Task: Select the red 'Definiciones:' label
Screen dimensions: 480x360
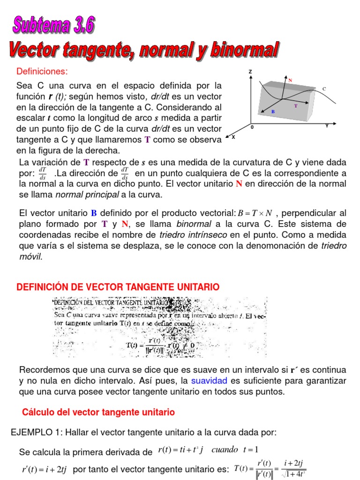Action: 42,71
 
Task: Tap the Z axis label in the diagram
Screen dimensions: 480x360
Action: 251,72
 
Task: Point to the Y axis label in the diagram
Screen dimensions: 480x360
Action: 327,126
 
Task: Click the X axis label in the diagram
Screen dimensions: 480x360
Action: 233,137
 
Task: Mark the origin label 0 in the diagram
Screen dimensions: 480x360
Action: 252,127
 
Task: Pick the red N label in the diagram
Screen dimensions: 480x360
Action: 291,81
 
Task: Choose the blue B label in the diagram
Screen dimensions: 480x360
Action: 273,112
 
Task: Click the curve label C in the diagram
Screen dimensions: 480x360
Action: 324,89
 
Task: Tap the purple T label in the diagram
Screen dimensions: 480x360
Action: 296,106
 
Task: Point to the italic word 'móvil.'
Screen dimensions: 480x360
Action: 30,256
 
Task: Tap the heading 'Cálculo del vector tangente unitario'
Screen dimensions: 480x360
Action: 98,412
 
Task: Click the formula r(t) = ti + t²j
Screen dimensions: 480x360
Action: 180,450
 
